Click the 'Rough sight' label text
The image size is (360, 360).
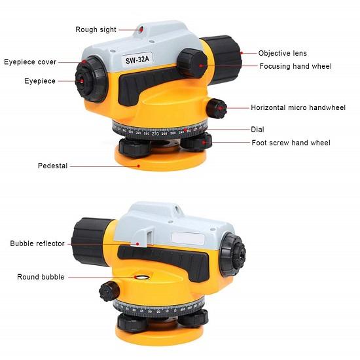[96, 29]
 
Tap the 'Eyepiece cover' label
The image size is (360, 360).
[30, 62]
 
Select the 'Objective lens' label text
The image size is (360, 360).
[282, 53]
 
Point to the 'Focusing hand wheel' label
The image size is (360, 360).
[295, 66]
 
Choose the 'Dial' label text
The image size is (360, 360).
[257, 129]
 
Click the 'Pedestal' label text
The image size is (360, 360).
[52, 166]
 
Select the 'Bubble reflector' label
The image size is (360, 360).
[37, 243]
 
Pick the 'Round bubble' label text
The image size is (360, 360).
[41, 277]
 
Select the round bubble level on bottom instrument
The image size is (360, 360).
[139, 278]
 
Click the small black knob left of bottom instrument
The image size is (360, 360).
[108, 291]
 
